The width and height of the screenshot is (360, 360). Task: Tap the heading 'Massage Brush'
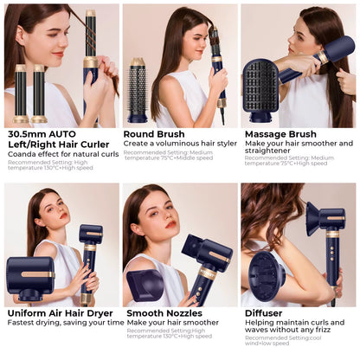(281, 134)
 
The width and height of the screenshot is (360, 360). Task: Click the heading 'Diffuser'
(265, 312)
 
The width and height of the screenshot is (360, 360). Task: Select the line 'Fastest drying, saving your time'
(66, 323)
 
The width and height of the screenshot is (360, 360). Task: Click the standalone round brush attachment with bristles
(138, 91)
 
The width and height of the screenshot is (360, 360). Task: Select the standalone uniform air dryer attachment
(29, 279)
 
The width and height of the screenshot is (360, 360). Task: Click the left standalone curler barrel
(21, 93)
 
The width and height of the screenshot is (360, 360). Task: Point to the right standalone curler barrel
(40, 93)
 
